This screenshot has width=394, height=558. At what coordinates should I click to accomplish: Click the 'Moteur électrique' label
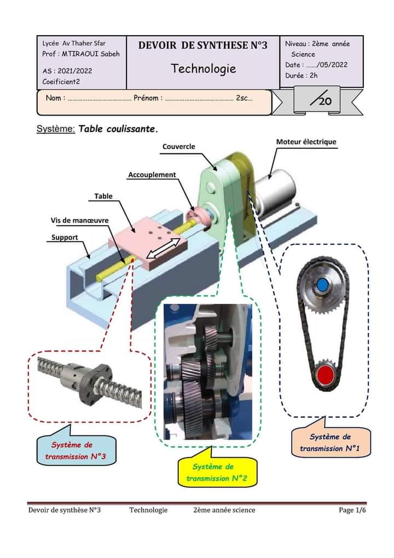pyautogui.click(x=306, y=142)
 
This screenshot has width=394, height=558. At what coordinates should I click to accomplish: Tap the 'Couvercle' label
pyautogui.click(x=178, y=146)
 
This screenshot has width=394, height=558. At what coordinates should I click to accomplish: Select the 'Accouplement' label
pyautogui.click(x=152, y=175)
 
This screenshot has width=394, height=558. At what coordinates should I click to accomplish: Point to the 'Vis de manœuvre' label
pyautogui.click(x=79, y=220)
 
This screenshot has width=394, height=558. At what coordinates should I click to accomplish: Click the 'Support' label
pyautogui.click(x=65, y=237)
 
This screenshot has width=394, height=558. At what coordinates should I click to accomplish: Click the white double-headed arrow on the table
pyautogui.click(x=163, y=248)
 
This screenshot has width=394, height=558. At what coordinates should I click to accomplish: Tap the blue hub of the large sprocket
pyautogui.click(x=322, y=285)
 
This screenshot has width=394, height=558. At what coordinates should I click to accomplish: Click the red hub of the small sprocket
pyautogui.click(x=325, y=375)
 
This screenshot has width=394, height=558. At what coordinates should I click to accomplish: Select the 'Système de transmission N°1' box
pyautogui.click(x=331, y=442)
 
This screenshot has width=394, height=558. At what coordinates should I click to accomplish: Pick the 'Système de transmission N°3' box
pyautogui.click(x=76, y=451)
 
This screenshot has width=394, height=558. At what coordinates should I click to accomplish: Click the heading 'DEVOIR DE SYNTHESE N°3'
pyautogui.click(x=202, y=45)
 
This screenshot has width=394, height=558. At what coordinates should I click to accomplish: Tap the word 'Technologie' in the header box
pyautogui.click(x=204, y=68)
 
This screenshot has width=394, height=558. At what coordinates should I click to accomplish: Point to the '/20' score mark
pyautogui.click(x=321, y=100)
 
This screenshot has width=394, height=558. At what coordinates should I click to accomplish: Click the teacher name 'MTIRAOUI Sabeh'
pyautogui.click(x=91, y=54)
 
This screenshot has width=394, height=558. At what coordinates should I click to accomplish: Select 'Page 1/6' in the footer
pyautogui.click(x=352, y=510)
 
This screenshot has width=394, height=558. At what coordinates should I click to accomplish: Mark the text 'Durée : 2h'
pyautogui.click(x=301, y=76)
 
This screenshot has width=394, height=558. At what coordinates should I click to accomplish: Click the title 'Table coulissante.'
pyautogui.click(x=118, y=129)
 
